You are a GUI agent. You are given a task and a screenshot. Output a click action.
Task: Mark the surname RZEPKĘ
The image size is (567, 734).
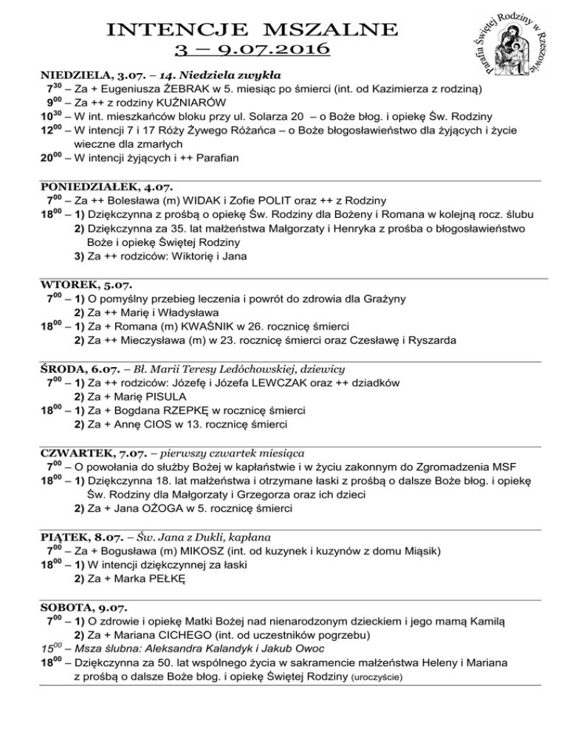point(207,411)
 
